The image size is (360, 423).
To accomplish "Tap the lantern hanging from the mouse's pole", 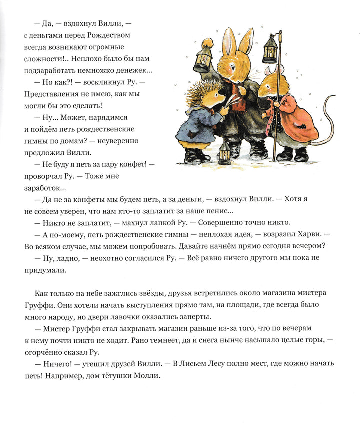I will click(270, 50).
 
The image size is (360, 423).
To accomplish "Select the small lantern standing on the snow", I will click(225, 152).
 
